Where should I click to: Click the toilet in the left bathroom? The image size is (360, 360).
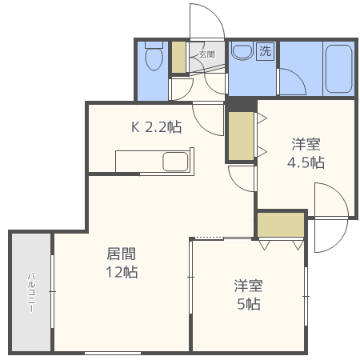152,57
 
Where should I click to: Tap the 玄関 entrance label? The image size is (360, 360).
206,54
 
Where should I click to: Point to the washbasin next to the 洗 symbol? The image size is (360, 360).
241,52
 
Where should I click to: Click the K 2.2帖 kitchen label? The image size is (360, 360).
156,126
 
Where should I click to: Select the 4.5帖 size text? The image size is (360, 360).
306,162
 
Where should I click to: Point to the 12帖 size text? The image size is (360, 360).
122,272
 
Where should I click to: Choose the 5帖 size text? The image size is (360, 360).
249,304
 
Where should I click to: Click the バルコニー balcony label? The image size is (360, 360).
30,291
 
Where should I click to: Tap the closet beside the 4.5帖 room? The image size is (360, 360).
239,136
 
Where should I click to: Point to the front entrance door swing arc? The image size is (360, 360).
205,20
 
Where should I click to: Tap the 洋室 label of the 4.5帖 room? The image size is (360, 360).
306,144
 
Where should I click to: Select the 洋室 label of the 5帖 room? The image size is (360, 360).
249,286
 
